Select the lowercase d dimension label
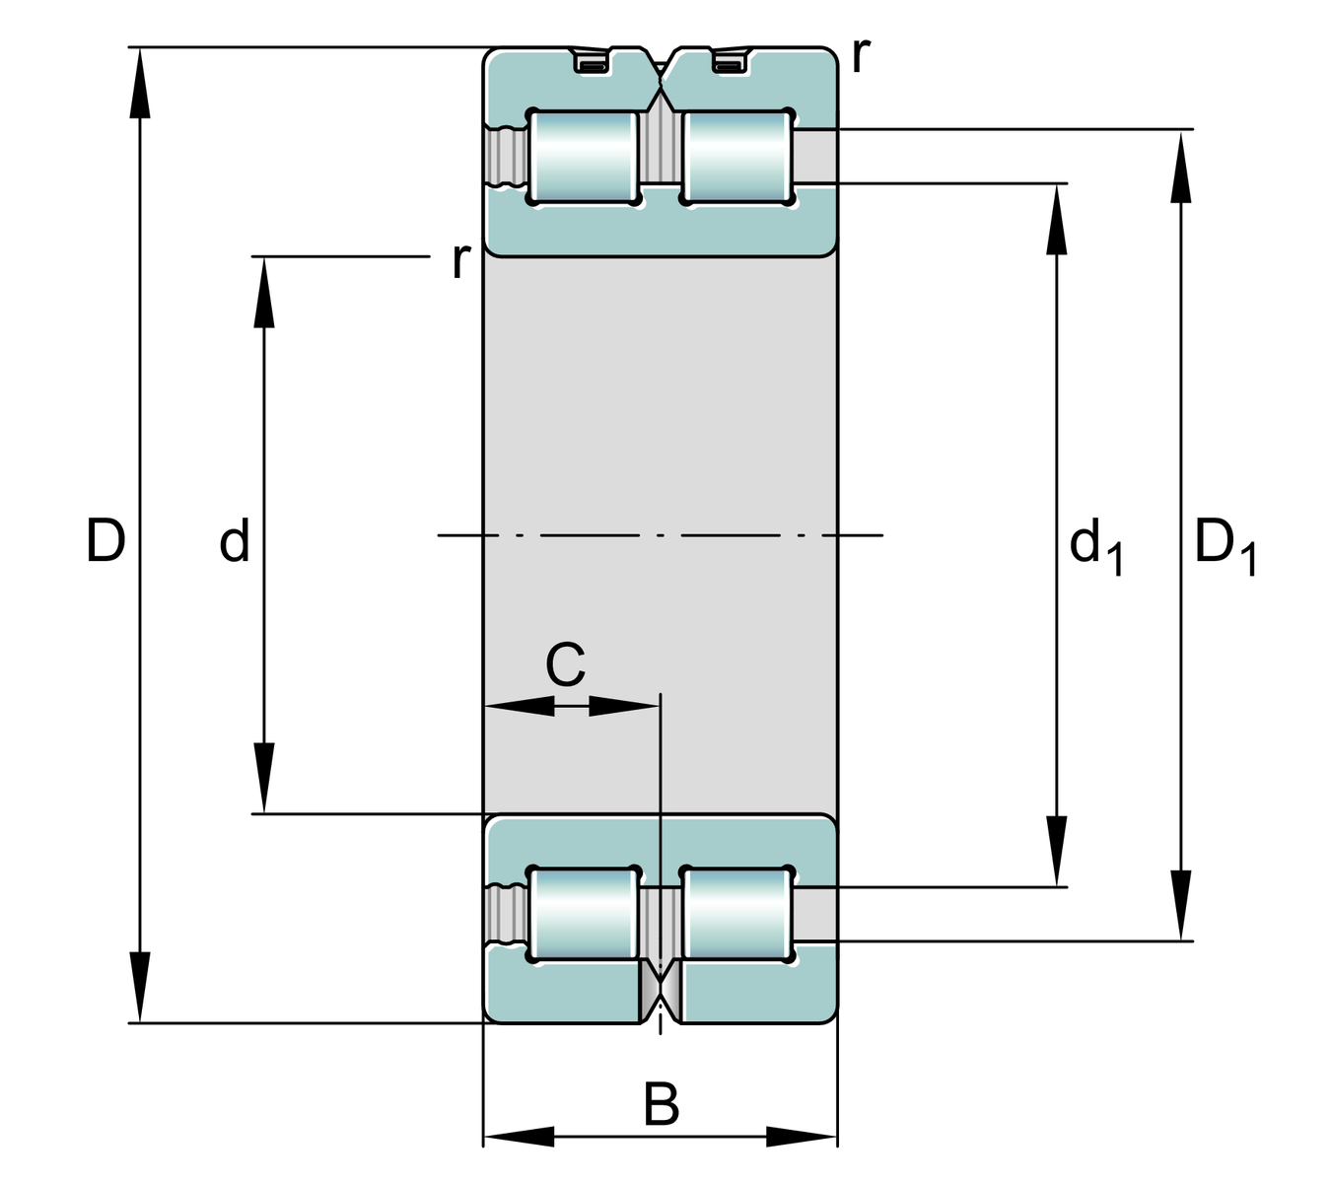point(235,542)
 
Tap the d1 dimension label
point(1094,547)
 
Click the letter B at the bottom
point(662,1105)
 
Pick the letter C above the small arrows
point(565,665)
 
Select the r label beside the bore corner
point(460,260)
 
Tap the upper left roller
point(583,157)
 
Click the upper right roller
point(736,157)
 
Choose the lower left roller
point(583,914)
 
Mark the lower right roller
point(736,914)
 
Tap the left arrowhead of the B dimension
point(519,1137)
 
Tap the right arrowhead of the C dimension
point(623,706)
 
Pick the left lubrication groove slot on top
point(592,64)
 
